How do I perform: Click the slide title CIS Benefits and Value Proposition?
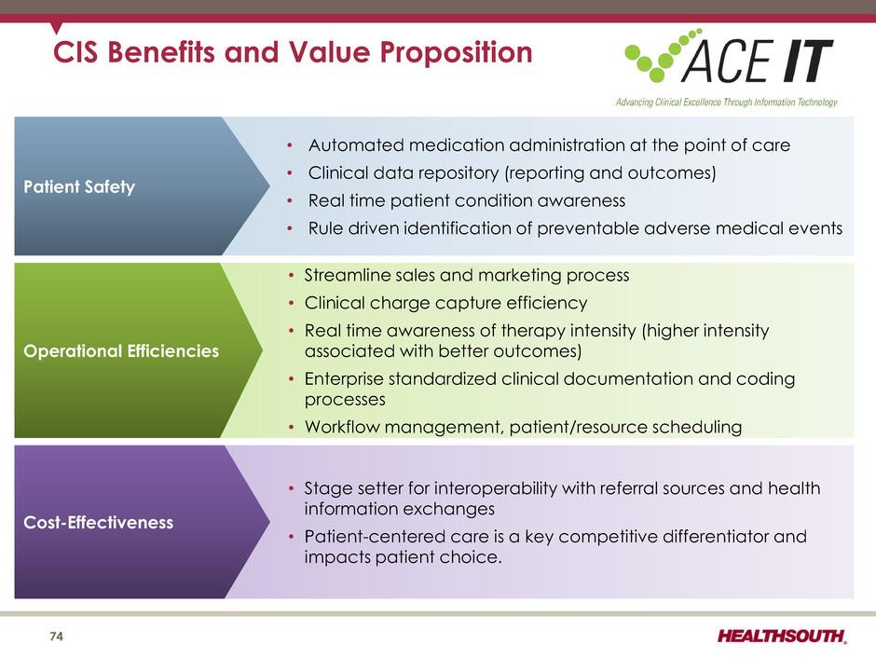(293, 52)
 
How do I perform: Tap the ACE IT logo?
(729, 57)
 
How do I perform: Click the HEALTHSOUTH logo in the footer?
(782, 636)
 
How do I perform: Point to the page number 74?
(57, 636)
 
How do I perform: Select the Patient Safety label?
(79, 186)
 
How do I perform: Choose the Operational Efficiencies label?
(121, 350)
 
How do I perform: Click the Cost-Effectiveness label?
(99, 523)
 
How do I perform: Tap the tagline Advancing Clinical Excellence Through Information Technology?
(726, 103)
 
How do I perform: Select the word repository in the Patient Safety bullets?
(458, 173)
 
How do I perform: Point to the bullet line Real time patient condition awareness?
(467, 200)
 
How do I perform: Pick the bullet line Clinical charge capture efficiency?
(445, 303)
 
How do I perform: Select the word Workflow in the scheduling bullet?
(342, 427)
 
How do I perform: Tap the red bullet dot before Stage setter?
(291, 489)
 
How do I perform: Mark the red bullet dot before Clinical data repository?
(290, 173)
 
